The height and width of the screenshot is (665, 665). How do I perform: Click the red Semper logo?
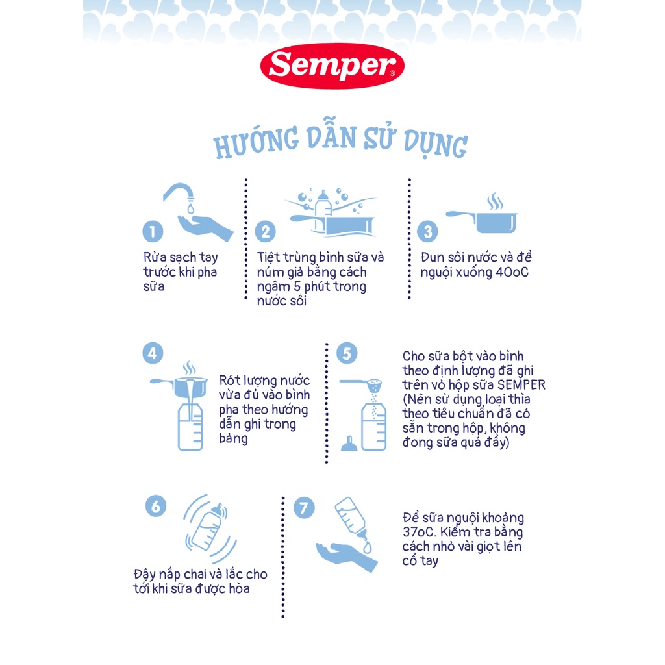332,66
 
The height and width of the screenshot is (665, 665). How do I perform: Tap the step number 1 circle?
153,232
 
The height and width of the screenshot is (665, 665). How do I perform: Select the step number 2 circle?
266,232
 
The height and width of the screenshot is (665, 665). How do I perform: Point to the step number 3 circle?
427,232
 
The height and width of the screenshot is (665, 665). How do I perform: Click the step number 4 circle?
153,353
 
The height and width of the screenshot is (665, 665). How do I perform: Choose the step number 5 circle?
347,353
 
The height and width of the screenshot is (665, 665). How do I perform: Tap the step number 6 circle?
156,507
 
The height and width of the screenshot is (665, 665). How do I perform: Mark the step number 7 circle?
304,508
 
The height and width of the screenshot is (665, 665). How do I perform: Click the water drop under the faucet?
190,208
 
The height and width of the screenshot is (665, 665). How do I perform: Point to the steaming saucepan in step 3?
483,217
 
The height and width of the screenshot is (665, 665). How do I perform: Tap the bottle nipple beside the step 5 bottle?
349,443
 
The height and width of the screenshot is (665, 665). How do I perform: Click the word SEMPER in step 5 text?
521,384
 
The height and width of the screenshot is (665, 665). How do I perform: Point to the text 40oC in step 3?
512,272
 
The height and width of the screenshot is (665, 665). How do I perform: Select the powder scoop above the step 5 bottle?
361,384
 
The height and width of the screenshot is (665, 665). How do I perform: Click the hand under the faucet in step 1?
205,228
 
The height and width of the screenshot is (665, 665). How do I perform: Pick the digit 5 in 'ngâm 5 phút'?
297,286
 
